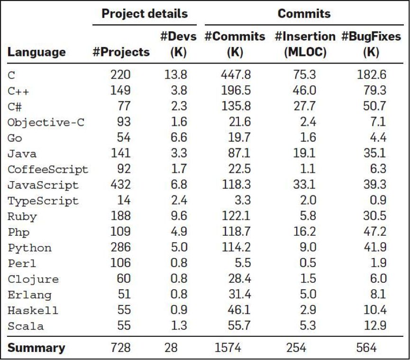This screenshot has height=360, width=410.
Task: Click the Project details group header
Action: click(x=145, y=13)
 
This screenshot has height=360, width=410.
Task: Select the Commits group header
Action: click(x=304, y=13)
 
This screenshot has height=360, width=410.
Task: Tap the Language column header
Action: click(x=36, y=52)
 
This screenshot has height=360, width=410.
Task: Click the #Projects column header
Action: click(x=121, y=52)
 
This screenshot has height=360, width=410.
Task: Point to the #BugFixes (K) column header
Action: click(x=370, y=44)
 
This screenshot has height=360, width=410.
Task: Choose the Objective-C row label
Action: click(x=46, y=122)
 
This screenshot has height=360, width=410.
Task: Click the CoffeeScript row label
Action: click(x=47, y=169)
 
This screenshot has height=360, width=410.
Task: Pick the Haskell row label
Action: click(x=33, y=311)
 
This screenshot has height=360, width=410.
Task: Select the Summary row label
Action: click(x=36, y=348)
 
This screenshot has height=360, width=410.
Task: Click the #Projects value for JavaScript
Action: click(x=120, y=185)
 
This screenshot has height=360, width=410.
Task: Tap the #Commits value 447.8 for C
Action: click(x=236, y=75)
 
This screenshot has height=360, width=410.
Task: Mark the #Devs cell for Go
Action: click(x=178, y=138)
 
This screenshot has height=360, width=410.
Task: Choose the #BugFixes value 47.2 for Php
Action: click(x=374, y=232)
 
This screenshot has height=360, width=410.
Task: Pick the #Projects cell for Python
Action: click(x=120, y=248)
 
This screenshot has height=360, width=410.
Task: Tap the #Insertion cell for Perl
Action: click(x=307, y=263)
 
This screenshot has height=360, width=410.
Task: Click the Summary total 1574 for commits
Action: click(x=228, y=348)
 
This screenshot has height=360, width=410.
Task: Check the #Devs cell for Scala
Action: click(x=178, y=326)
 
